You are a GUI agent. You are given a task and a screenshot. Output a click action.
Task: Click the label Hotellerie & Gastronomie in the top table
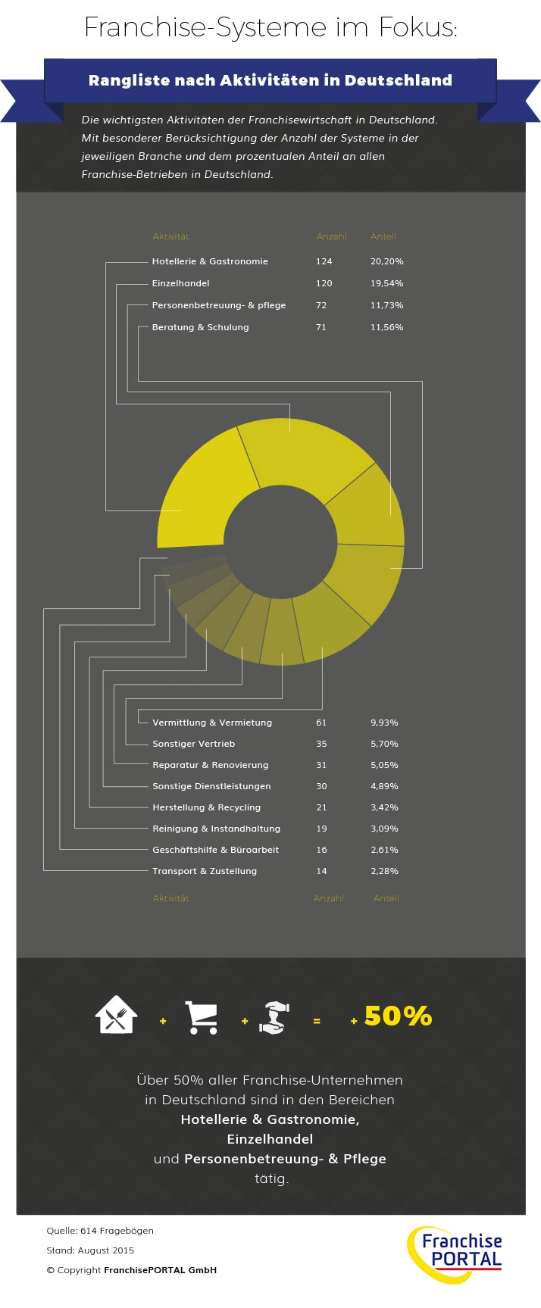pyautogui.click(x=210, y=261)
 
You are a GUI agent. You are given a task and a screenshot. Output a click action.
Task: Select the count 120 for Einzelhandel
pyautogui.click(x=324, y=283)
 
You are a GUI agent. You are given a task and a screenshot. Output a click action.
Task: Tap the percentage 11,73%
pyautogui.click(x=386, y=305)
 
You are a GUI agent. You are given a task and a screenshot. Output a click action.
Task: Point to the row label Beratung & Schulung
pyautogui.click(x=200, y=327)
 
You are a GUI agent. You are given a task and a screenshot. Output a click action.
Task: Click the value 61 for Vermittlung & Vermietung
pyautogui.click(x=321, y=723)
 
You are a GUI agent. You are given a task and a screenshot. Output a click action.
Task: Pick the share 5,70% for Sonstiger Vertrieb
pyautogui.click(x=384, y=744)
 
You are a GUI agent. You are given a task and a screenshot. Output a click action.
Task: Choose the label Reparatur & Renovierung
pyautogui.click(x=210, y=765)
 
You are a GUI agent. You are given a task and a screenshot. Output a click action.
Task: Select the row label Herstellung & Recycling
pyautogui.click(x=206, y=807)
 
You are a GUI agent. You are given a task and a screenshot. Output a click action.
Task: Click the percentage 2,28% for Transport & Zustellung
pyautogui.click(x=384, y=871)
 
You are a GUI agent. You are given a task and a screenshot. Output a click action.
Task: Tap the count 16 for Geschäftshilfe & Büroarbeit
pyautogui.click(x=321, y=850)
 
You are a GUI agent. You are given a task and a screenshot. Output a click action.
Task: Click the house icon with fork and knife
pyautogui.click(x=116, y=1015)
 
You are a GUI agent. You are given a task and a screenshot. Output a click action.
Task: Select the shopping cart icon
pyautogui.click(x=202, y=1017)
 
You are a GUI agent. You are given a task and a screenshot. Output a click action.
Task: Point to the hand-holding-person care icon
pyautogui.click(x=274, y=1017)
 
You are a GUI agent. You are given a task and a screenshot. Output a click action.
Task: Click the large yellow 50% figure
pyautogui.click(x=398, y=1016)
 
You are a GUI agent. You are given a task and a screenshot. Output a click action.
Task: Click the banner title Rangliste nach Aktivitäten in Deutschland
pyautogui.click(x=270, y=80)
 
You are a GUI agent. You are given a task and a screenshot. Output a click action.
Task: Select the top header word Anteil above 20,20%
pyautogui.click(x=383, y=236)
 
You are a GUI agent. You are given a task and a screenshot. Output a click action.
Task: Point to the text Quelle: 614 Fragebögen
pyautogui.click(x=100, y=1231)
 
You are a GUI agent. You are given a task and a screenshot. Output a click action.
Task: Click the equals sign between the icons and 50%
pyautogui.click(x=317, y=1021)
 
